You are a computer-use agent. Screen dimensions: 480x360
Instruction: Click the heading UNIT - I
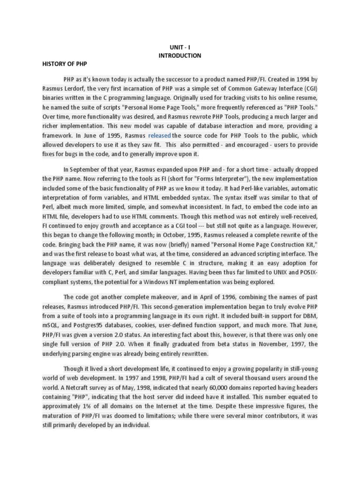pos(180,47)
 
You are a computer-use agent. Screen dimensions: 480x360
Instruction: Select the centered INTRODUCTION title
pos(180,55)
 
